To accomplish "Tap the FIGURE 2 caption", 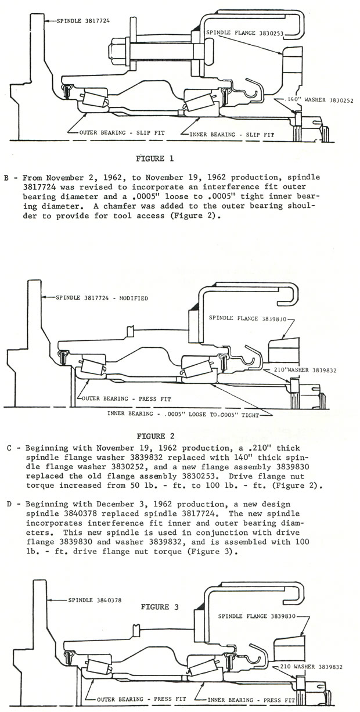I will coord(156,435).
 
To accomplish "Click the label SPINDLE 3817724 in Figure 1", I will coord(82,20).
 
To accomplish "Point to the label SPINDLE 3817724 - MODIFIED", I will coord(102,298).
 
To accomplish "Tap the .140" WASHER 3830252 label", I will coord(314,100).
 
